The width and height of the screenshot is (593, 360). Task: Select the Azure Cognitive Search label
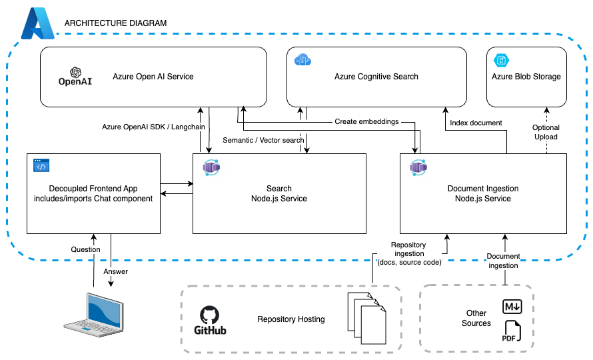[x=376, y=77]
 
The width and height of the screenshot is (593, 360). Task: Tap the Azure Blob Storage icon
[x=500, y=61]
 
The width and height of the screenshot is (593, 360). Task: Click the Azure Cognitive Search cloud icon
[x=302, y=61]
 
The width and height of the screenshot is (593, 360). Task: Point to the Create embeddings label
[x=366, y=122]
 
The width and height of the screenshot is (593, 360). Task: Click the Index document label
[x=476, y=123]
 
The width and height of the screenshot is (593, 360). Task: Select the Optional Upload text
[x=546, y=132]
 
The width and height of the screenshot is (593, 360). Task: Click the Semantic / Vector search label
[x=263, y=140]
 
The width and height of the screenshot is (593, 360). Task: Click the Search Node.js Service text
[x=279, y=193]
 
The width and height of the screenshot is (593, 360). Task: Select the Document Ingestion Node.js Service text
[x=482, y=193]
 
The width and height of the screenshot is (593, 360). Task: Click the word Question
[x=85, y=249]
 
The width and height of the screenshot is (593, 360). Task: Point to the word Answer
[x=116, y=271]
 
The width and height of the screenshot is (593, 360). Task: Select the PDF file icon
[x=512, y=331]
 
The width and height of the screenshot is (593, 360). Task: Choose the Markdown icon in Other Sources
[x=511, y=307]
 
